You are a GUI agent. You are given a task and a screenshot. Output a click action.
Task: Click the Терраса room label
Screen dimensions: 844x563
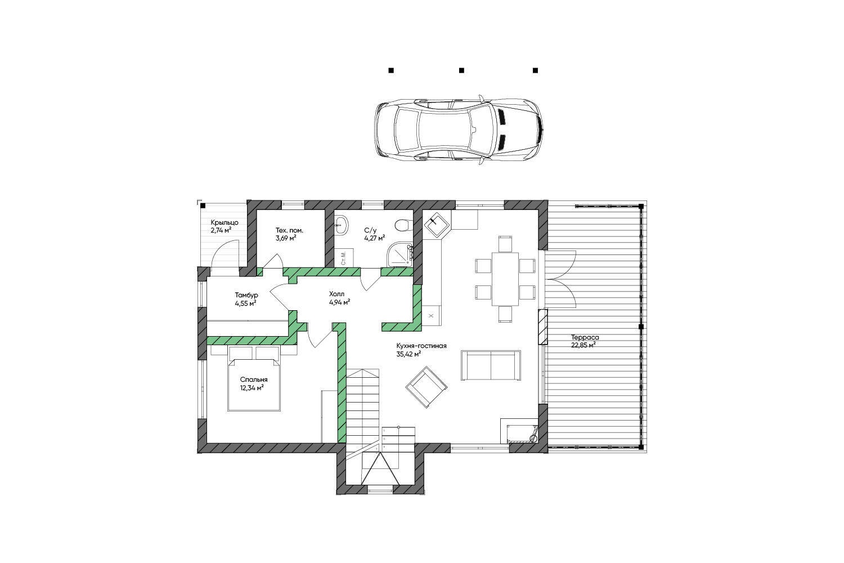585,337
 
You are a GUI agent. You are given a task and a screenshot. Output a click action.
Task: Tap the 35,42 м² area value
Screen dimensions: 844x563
408,354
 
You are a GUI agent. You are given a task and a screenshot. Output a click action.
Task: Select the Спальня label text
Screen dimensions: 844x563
254,379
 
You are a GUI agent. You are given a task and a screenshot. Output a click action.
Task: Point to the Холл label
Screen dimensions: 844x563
336,294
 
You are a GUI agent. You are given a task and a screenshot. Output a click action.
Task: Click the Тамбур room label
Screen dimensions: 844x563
246,295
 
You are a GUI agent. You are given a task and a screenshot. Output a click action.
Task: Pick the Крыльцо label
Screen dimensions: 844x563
225,222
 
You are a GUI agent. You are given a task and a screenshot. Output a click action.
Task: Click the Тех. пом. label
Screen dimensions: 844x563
289,230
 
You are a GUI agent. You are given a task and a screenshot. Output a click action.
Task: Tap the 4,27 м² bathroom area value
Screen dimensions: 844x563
375,238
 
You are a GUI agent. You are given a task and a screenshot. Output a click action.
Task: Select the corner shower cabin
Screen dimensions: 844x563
400,254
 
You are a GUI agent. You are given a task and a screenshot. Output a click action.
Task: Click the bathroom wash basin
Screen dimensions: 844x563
342,225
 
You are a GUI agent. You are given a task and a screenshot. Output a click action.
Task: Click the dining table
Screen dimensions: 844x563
505,279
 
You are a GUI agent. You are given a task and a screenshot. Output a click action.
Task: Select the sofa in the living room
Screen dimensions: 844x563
491,365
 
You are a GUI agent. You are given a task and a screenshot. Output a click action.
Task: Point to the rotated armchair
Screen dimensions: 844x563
427,387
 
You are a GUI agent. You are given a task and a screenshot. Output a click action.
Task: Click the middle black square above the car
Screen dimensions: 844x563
461,70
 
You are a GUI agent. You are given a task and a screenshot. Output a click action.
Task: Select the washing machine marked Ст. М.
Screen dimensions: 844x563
344,258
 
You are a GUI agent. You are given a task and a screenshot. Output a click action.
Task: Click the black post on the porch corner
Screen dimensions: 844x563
203,206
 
